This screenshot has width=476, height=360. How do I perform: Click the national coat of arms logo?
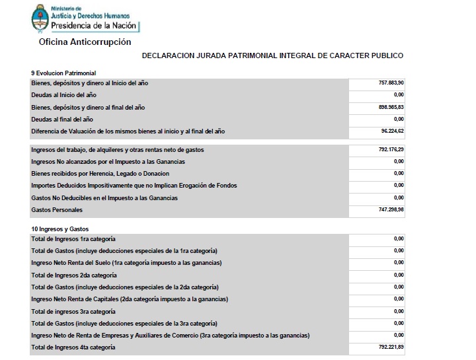coord(40,18)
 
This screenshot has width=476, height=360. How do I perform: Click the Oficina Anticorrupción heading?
coord(85,42)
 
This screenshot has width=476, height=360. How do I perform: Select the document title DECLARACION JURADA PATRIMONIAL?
coord(272,56)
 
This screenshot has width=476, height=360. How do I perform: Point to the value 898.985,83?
coord(391,107)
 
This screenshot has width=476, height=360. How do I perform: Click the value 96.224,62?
coord(392,131)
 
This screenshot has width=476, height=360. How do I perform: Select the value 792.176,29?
coord(391,150)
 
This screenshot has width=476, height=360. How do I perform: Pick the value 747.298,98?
coord(391,210)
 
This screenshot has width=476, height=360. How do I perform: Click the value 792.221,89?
coord(391,347)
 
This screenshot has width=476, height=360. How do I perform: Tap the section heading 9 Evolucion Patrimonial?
coord(63,72)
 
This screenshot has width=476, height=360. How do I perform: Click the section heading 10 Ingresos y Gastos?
coord(60,228)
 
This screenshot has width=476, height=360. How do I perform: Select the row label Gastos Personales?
coord(57,210)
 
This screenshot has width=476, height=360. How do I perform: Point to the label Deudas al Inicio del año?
coord(63,95)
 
